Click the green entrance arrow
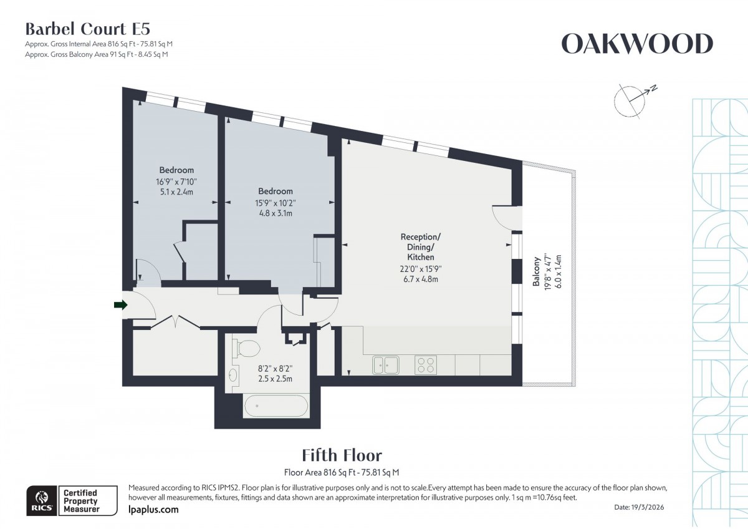(x=120, y=304)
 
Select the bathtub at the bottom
(x=276, y=407)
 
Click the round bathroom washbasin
(x=234, y=376)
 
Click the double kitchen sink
(x=386, y=364)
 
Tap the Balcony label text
(x=536, y=273)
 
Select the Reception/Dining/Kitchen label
(x=421, y=247)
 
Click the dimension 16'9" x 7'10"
(x=176, y=182)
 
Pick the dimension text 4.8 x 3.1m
(x=276, y=213)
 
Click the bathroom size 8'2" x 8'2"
(x=276, y=369)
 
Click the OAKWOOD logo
(x=637, y=44)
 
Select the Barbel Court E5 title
(x=87, y=29)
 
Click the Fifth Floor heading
(x=342, y=455)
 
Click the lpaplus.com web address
(x=153, y=510)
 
